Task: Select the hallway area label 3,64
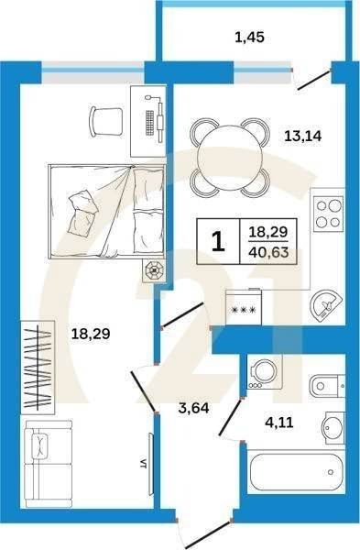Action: click(x=194, y=408)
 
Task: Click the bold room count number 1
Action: click(x=218, y=241)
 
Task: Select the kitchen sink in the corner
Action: click(x=326, y=305)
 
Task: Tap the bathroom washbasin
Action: click(x=332, y=428)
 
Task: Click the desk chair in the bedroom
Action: click(x=106, y=119)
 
